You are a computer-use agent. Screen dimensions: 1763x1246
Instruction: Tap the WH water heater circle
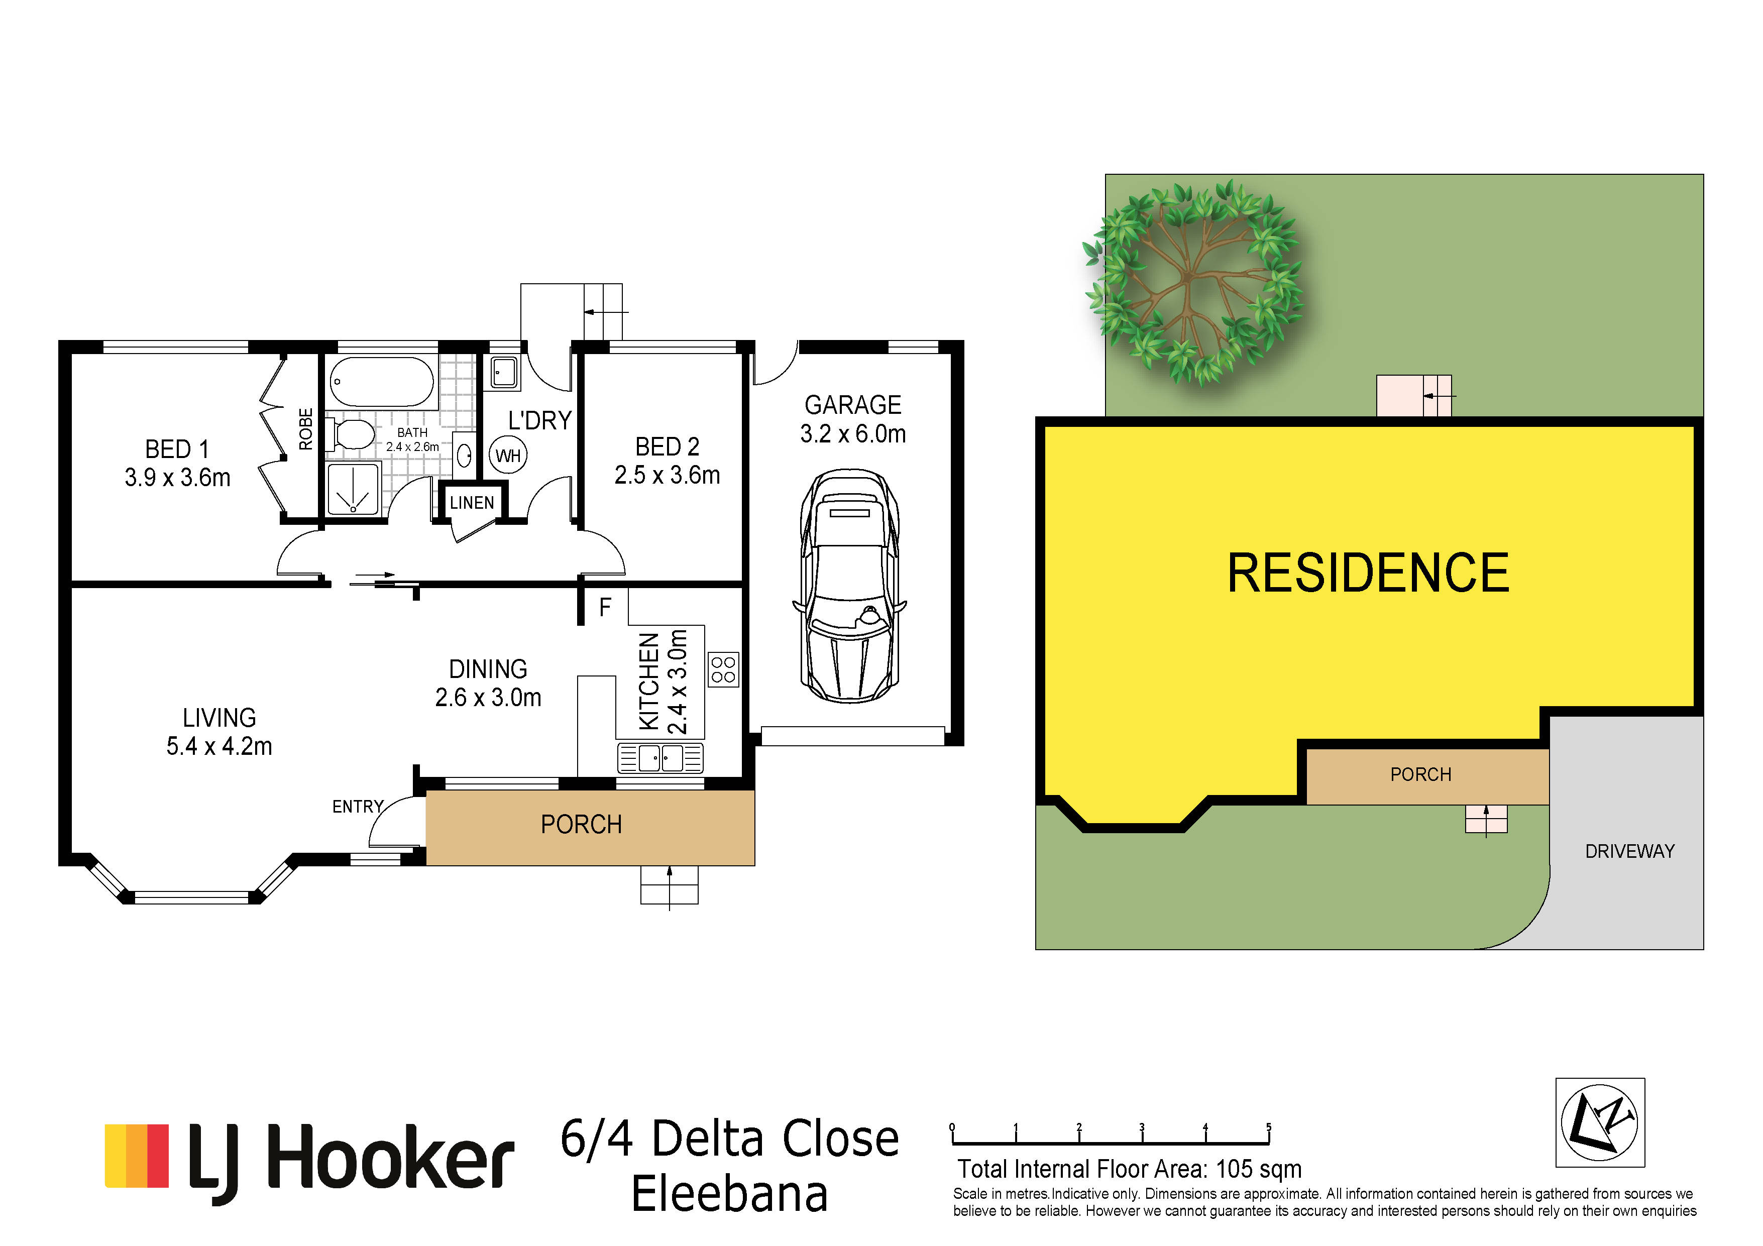tap(508, 455)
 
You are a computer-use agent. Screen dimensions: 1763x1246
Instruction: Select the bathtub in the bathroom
tap(382, 382)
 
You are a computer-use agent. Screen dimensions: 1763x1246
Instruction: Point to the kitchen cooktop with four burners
tap(723, 668)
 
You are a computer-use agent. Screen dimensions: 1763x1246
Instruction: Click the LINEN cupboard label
tap(472, 503)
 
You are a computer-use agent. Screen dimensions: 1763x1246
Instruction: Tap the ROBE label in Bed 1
tap(305, 429)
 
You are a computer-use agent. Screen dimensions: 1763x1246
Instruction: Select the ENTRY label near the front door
tap(358, 806)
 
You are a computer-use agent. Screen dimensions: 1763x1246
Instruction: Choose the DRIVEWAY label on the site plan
tap(1629, 851)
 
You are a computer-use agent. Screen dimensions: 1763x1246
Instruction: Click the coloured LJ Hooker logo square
tap(137, 1156)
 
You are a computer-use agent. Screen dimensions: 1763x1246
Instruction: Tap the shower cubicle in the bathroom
tap(353, 488)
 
